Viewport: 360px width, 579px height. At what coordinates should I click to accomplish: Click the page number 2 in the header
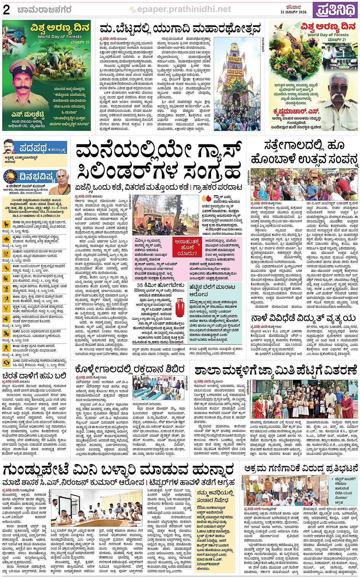[6, 9]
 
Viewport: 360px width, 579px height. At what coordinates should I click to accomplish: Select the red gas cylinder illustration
[179, 307]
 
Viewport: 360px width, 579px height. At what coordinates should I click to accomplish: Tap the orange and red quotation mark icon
[206, 198]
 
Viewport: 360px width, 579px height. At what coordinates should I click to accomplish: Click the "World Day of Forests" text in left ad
[59, 37]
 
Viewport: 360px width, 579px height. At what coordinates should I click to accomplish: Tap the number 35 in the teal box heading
[140, 285]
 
